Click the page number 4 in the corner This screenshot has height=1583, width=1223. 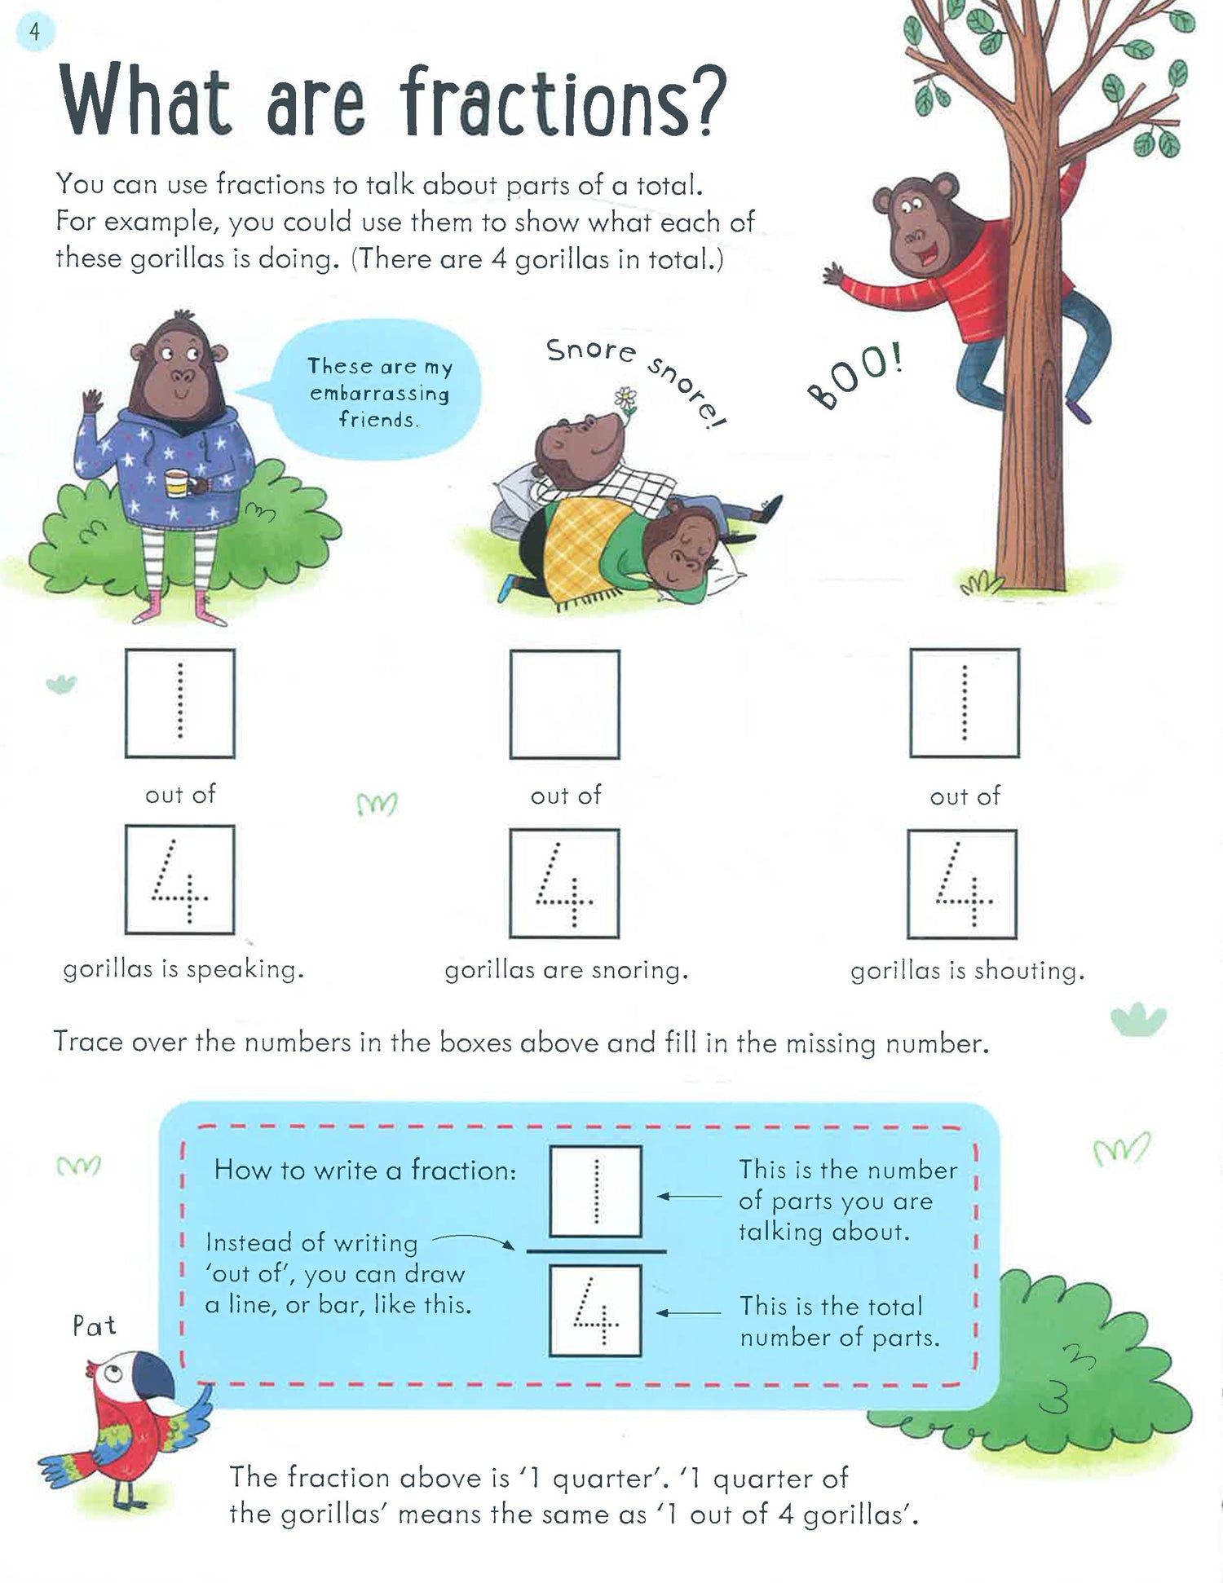(34, 33)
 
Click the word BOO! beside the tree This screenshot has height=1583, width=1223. (855, 377)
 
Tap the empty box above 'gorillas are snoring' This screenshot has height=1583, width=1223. (565, 704)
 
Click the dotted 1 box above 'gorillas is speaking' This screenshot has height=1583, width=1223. (180, 703)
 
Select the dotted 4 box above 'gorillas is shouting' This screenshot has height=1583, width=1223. (962, 884)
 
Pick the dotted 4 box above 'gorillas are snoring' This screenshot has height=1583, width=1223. (564, 884)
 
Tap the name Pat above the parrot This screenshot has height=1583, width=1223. (94, 1326)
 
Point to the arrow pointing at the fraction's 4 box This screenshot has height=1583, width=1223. (689, 1313)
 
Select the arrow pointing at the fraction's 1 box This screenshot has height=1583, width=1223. (689, 1197)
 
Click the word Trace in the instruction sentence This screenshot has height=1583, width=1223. (88, 1042)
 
